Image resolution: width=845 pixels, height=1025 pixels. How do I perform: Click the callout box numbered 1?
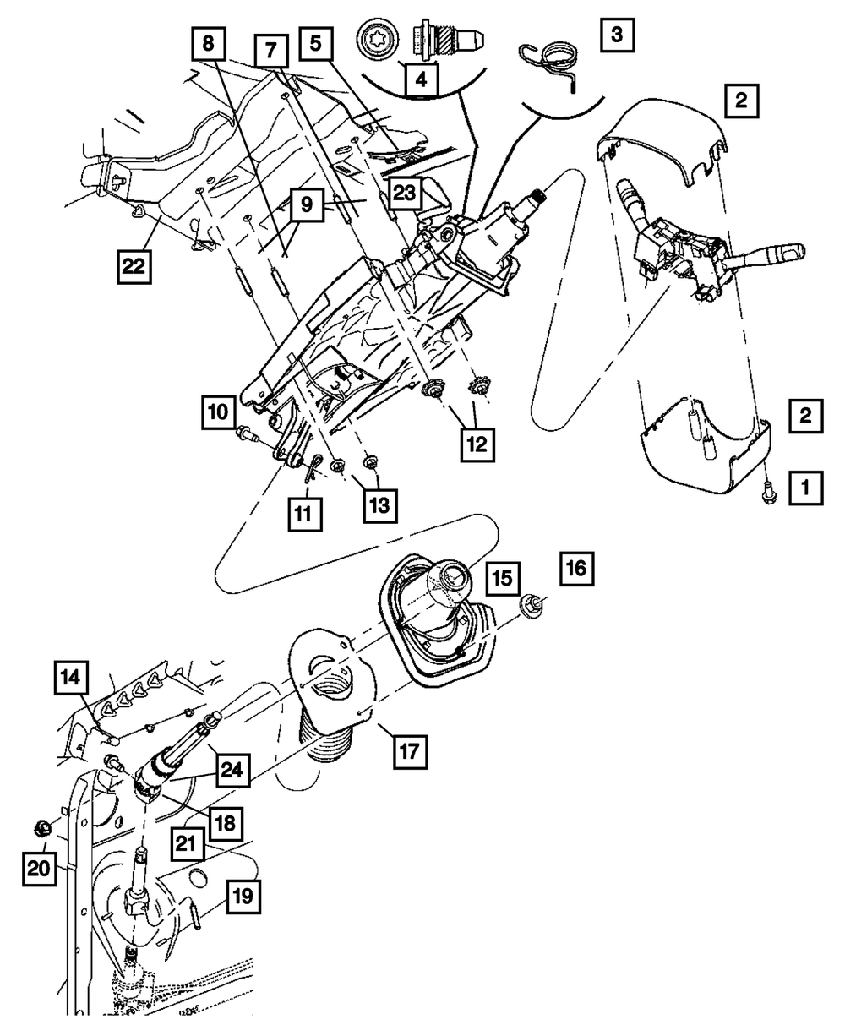tap(805, 487)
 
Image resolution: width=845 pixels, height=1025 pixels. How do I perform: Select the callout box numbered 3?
tap(618, 35)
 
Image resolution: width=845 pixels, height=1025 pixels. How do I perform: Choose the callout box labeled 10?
tap(217, 414)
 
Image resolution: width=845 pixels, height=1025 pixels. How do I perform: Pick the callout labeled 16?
tap(575, 570)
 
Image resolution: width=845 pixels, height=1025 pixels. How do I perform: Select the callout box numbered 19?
tap(242, 898)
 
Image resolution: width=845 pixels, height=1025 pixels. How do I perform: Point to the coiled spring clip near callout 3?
tap(552, 63)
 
